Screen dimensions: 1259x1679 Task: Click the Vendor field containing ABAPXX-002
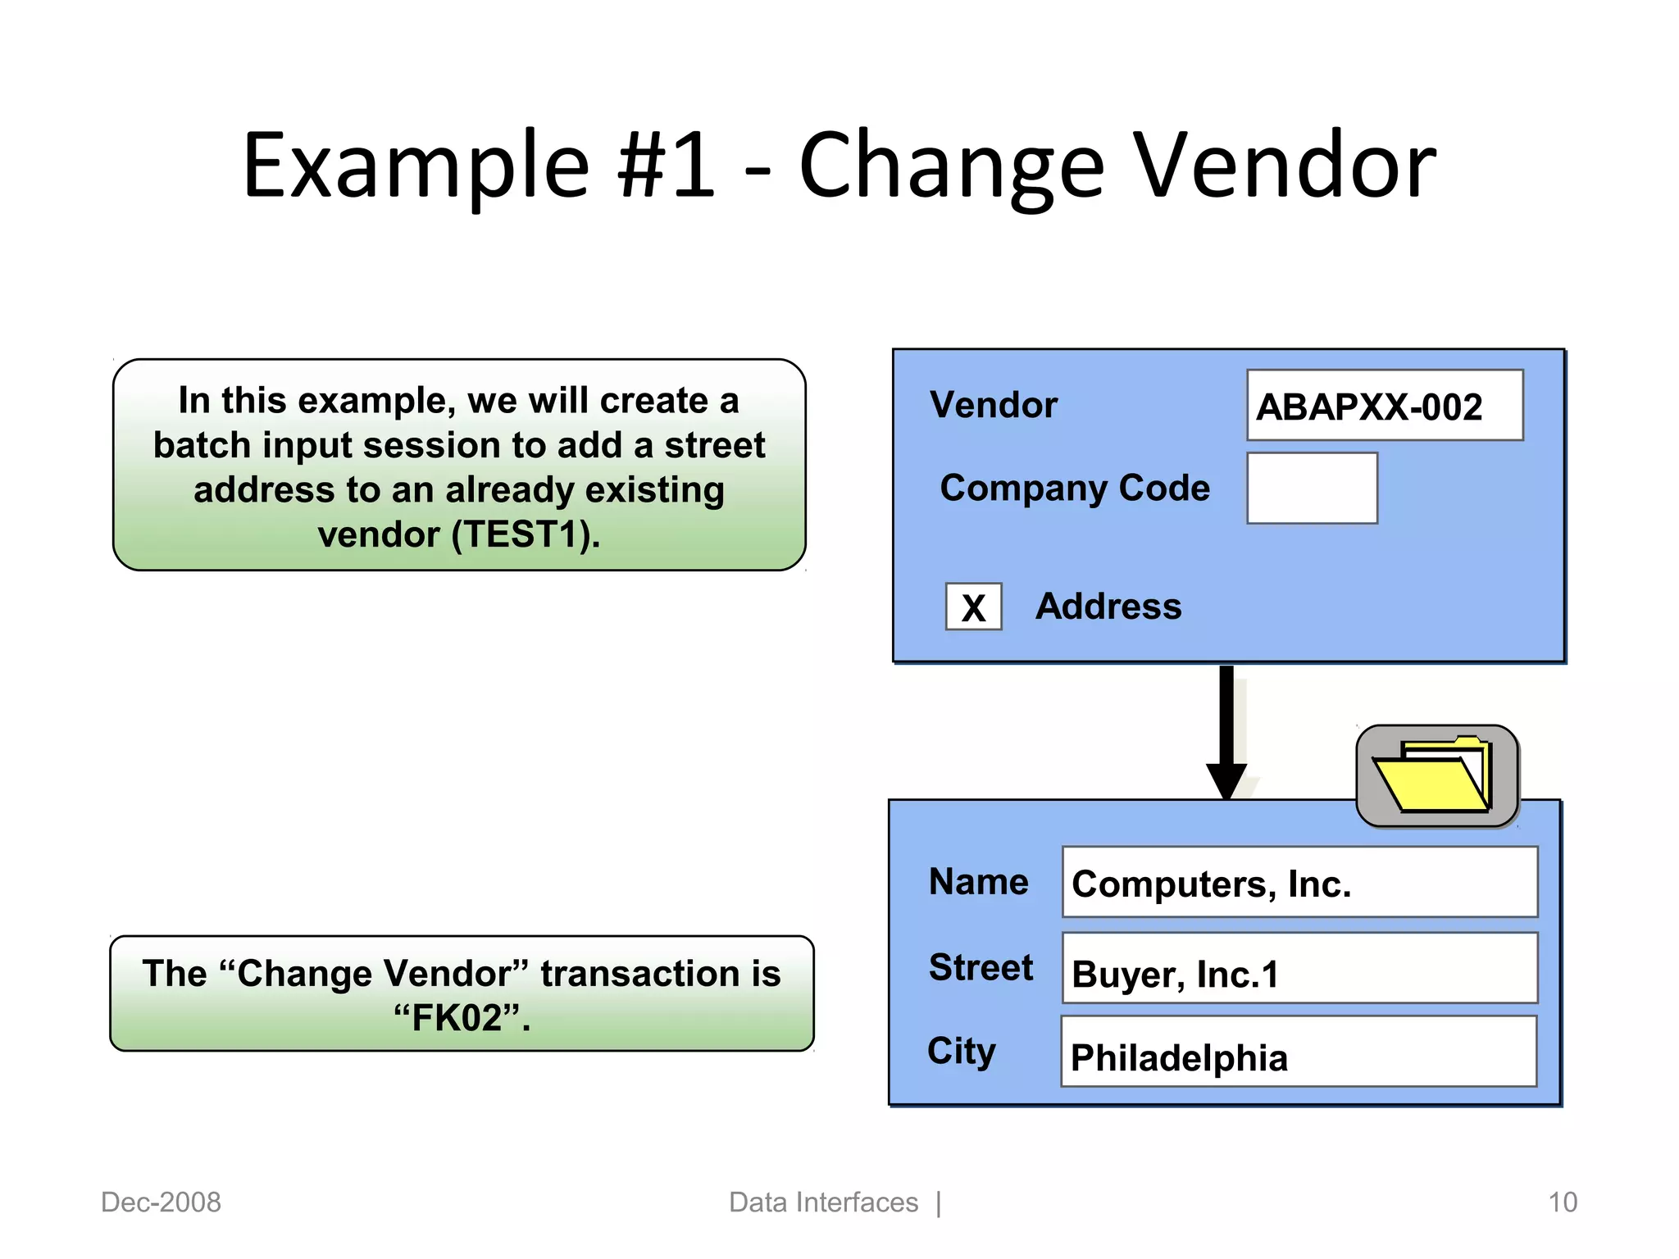[1384, 406]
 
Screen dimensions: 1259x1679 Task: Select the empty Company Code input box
[1311, 489]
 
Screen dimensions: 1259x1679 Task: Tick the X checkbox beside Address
[973, 607]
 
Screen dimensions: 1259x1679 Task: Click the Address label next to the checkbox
[1108, 607]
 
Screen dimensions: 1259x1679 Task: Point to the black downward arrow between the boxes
[1226, 729]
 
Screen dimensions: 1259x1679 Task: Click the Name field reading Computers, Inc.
[1299, 883]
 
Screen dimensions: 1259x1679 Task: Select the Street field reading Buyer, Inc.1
[1299, 969]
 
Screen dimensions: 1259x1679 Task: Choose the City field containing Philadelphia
[1298, 1052]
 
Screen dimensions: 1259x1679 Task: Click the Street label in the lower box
[981, 968]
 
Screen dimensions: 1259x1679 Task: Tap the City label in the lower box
[962, 1051]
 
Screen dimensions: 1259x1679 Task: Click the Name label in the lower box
[978, 882]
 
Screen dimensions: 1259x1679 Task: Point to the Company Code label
[1074, 489]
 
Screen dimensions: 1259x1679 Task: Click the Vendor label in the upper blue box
[993, 405]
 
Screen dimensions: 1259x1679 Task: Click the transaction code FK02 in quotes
[462, 1019]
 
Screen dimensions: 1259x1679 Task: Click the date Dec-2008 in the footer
[161, 1202]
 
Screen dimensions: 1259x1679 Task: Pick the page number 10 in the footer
[1562, 1202]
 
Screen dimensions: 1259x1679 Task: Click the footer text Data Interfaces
[823, 1202]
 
